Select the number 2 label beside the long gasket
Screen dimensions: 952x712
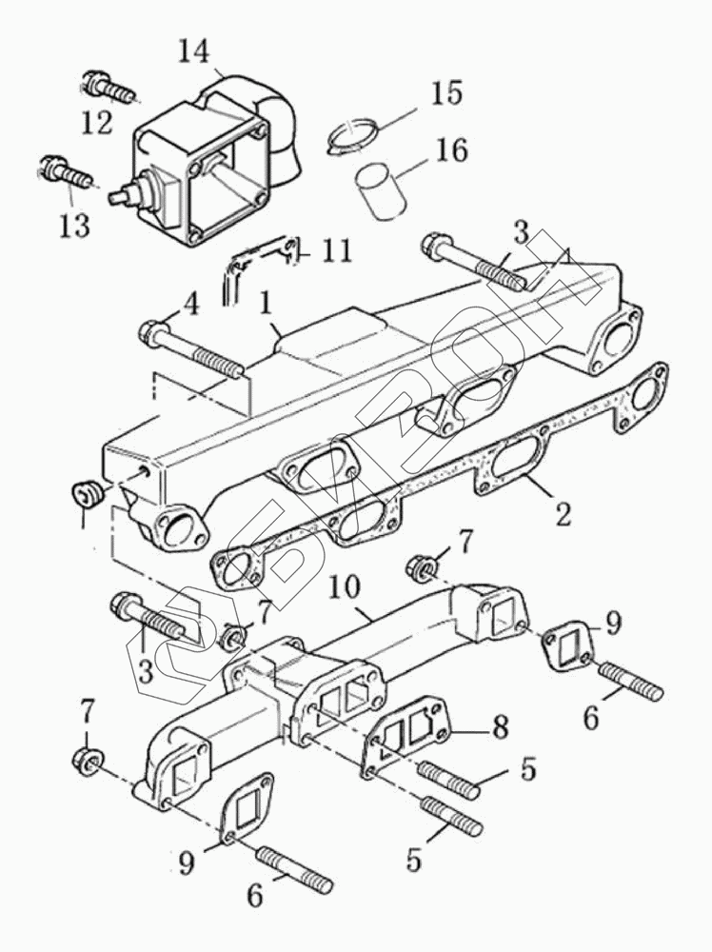(x=564, y=514)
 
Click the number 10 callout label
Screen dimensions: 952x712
(x=344, y=589)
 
